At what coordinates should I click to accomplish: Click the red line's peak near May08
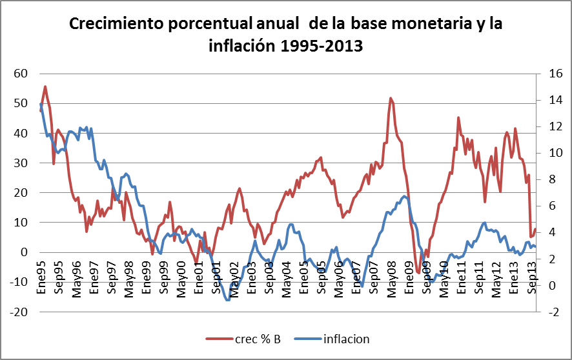[391, 98]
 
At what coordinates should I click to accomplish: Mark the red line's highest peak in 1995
[45, 86]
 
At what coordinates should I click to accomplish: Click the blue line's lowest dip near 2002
[227, 300]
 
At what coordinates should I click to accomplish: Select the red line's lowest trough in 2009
[418, 273]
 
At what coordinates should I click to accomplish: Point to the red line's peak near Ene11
[458, 117]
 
